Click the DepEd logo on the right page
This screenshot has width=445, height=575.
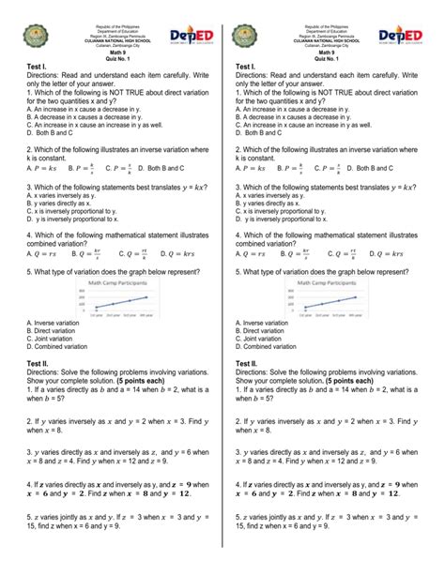tap(409, 36)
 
